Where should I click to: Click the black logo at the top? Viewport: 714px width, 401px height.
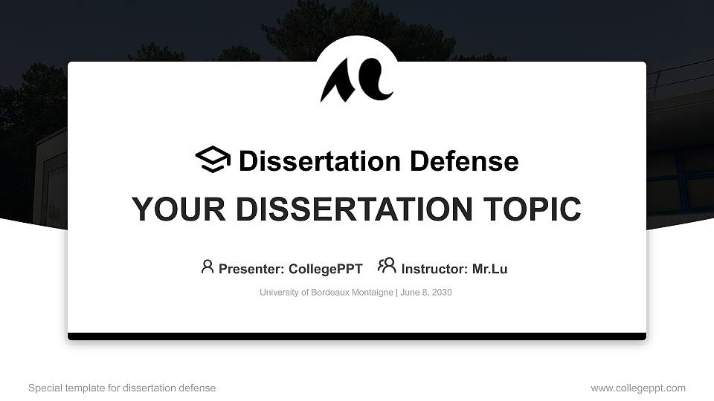pos(356,79)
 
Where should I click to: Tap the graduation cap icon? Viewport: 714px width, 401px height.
pos(213,160)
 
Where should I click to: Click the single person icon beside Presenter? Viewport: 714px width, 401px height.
pos(208,267)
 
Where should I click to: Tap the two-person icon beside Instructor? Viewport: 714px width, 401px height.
pos(387,266)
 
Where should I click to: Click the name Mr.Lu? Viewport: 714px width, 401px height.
pos(490,269)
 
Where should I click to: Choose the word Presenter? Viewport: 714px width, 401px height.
pos(245,269)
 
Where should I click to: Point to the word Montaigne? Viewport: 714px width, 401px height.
pos(370,293)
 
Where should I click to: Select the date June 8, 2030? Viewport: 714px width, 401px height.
pos(426,293)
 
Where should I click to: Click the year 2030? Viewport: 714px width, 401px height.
pos(440,293)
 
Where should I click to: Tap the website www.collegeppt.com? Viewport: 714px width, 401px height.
pos(638,388)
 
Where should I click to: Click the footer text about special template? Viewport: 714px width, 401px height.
pos(122,388)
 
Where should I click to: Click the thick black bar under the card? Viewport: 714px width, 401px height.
pos(357,336)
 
